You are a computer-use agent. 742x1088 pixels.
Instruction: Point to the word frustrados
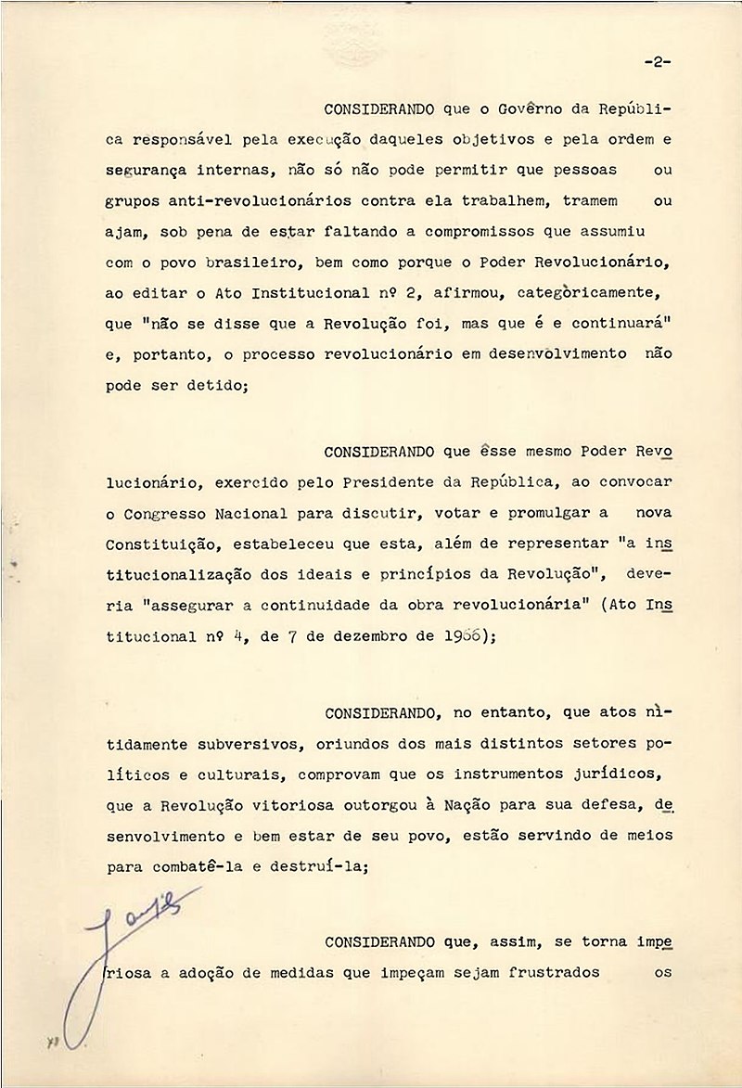(538, 974)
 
